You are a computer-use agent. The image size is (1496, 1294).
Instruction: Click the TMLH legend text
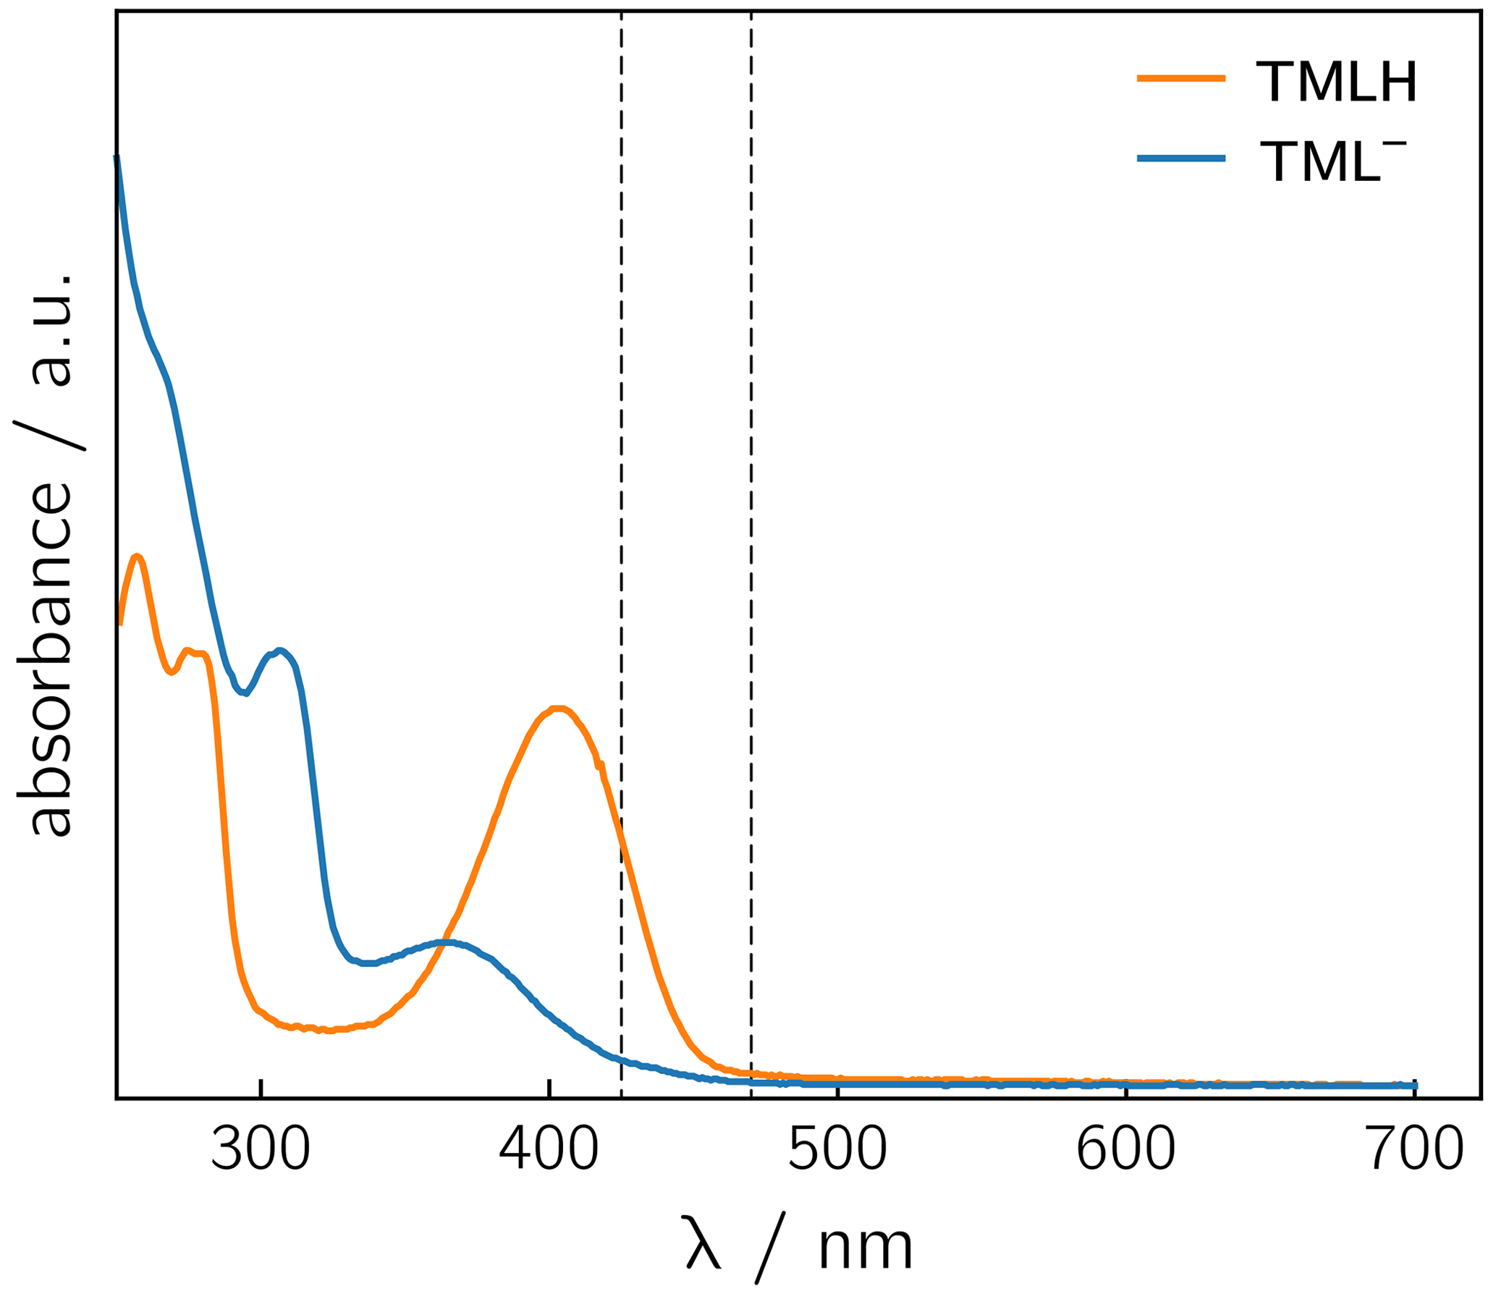click(1336, 83)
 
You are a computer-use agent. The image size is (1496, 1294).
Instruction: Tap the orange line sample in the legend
click(1181, 78)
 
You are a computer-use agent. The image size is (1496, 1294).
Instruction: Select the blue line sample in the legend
click(1181, 158)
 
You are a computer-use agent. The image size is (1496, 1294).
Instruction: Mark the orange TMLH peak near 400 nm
click(557, 708)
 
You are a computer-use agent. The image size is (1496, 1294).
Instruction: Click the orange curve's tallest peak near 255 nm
click(137, 555)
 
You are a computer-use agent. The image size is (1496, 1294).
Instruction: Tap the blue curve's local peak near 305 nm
click(280, 650)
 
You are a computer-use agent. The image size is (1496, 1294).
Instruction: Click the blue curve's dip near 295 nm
click(246, 693)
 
